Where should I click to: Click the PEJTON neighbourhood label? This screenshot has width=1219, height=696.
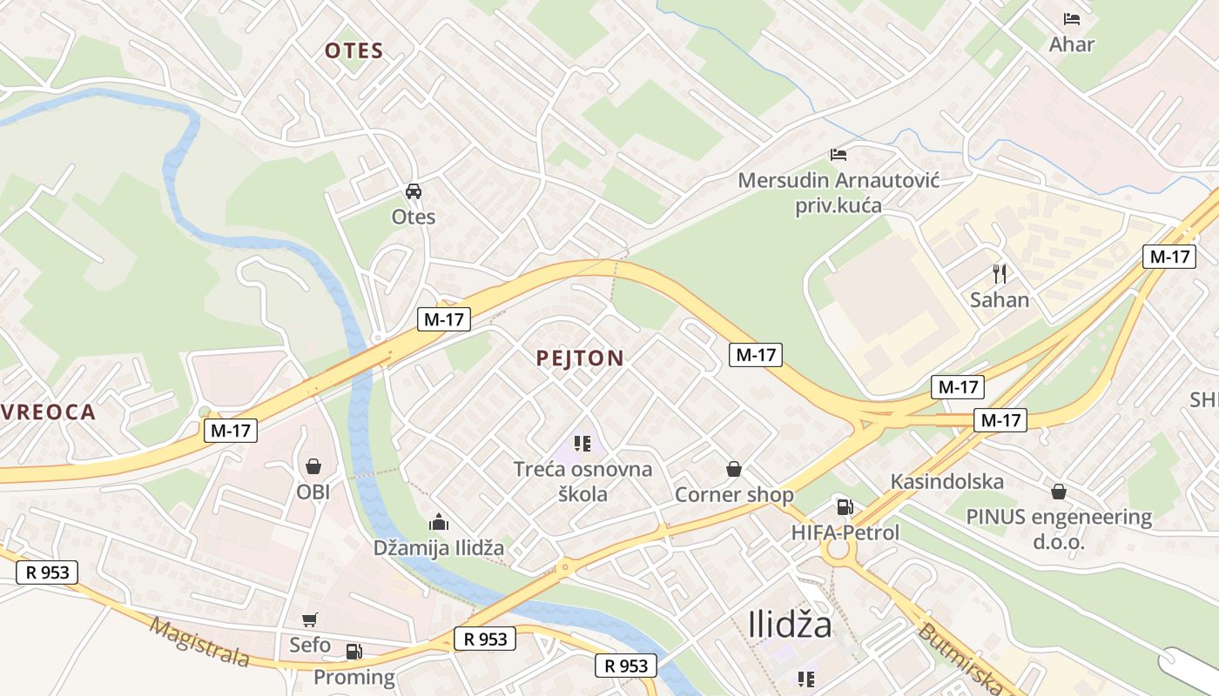[580, 358]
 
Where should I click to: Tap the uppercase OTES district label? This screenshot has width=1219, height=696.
[354, 50]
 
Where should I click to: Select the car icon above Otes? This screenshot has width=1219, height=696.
[413, 191]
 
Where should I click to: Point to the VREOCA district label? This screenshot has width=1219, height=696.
[48, 412]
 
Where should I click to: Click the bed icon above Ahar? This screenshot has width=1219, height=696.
[1071, 18]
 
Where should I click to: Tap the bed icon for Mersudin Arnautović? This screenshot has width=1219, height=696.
[838, 155]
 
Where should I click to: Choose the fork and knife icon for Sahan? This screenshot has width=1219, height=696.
[1000, 274]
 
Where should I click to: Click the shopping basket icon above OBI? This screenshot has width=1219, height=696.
[313, 467]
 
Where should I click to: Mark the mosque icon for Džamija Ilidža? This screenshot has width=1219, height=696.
[438, 522]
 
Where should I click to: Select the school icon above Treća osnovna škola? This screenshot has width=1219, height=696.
[583, 444]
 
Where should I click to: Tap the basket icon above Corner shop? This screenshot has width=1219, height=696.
[734, 470]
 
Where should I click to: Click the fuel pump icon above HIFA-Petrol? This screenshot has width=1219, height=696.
[844, 506]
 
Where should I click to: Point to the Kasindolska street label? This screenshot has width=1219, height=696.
[946, 481]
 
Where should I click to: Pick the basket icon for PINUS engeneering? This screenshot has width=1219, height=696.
[1058, 492]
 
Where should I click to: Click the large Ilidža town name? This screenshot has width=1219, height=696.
[790, 625]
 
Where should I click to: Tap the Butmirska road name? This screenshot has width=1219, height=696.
[959, 656]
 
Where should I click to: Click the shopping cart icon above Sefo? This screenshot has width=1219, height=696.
[310, 619]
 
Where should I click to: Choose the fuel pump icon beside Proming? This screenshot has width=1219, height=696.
[354, 651]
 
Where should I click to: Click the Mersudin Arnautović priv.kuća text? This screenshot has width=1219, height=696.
[838, 193]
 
